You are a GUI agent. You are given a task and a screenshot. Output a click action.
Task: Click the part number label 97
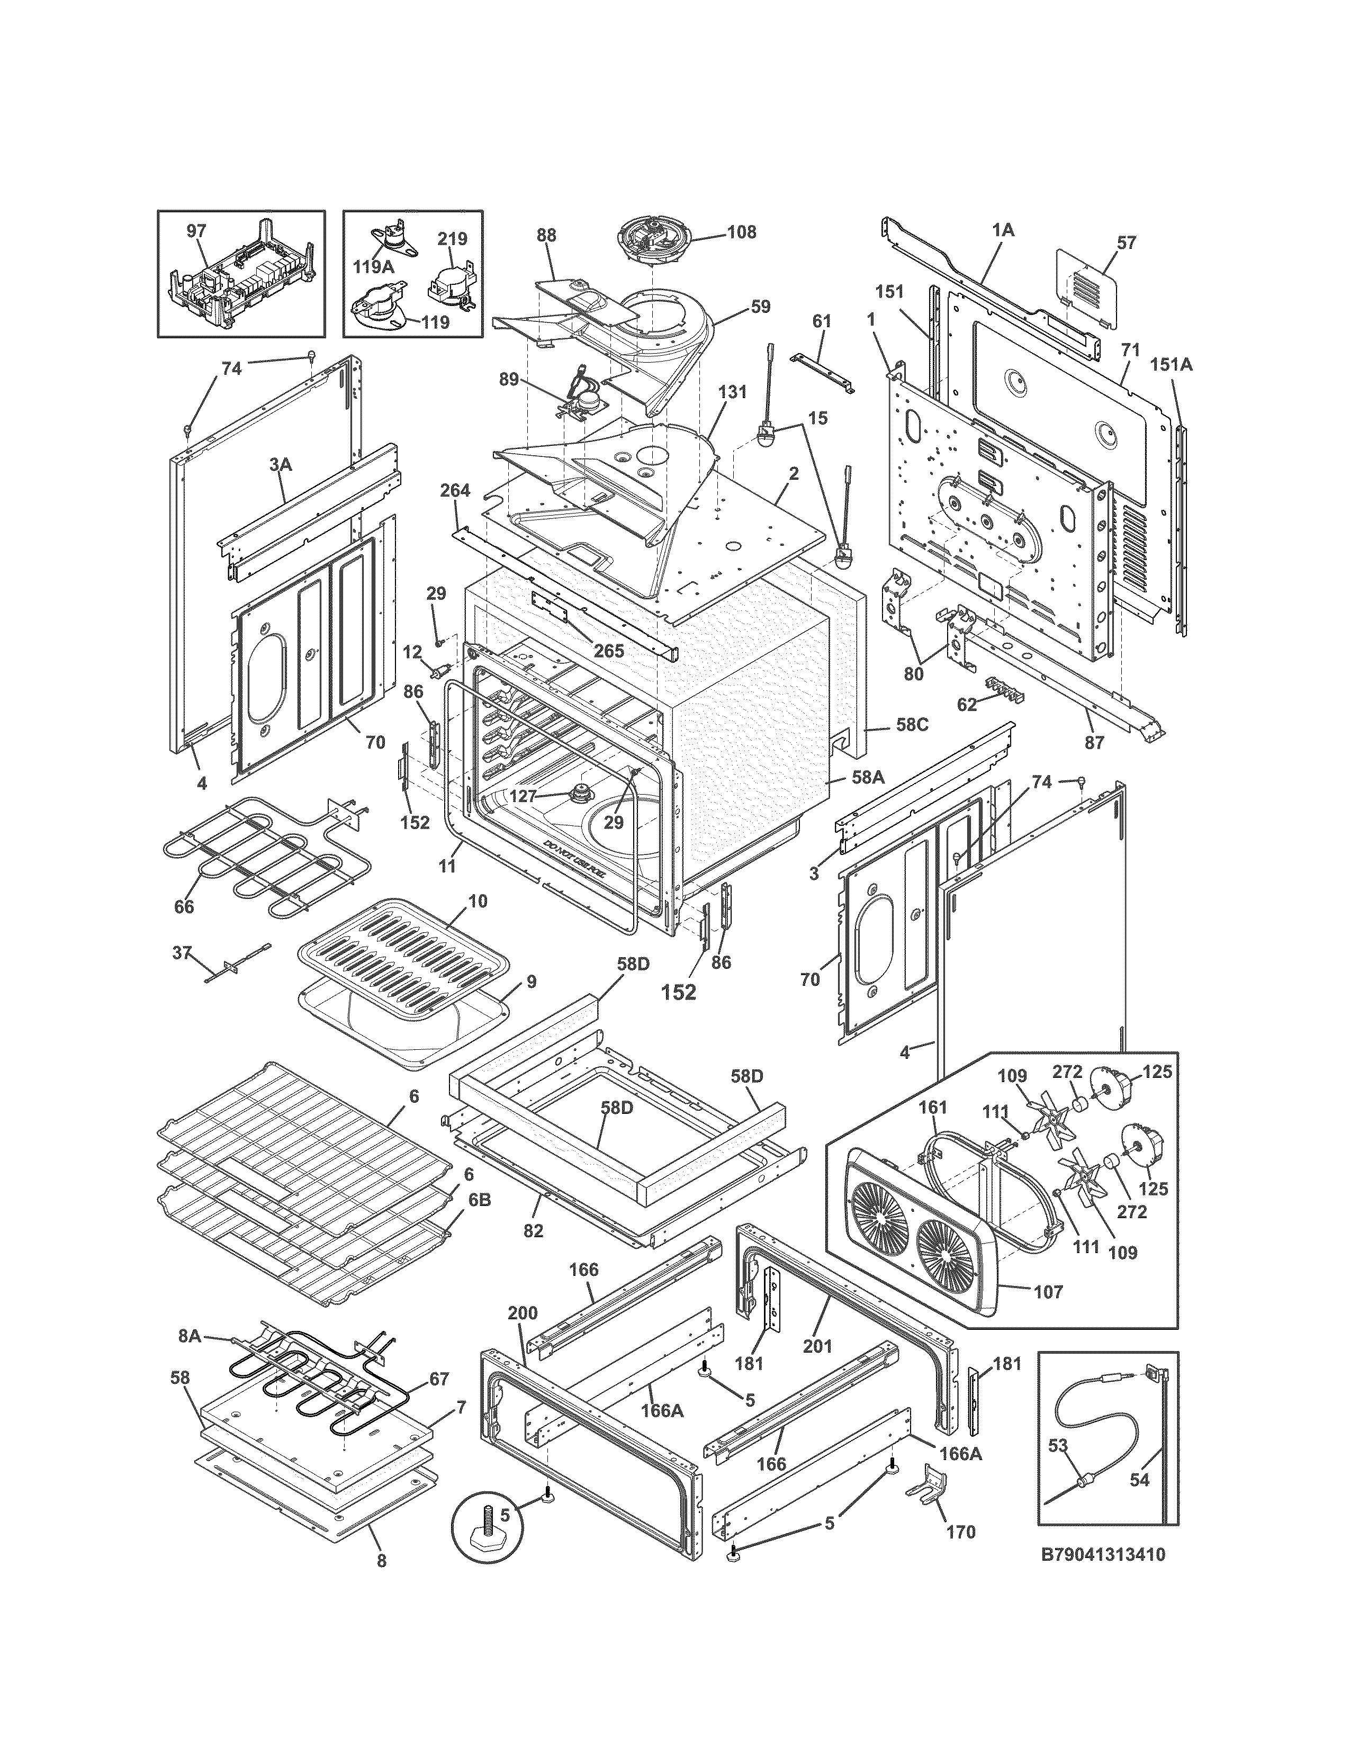(x=196, y=231)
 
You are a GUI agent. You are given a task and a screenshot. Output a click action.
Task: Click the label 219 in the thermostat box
(x=452, y=239)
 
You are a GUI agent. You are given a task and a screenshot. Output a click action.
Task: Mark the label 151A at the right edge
(x=1171, y=365)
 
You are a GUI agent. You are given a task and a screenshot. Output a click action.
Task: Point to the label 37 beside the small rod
(x=182, y=953)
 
